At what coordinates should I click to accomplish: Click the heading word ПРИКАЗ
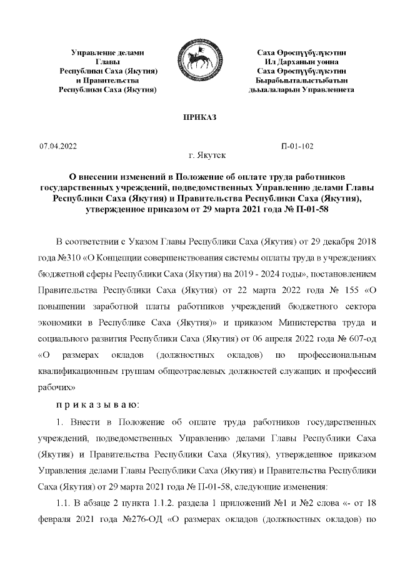pyautogui.click(x=199, y=117)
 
